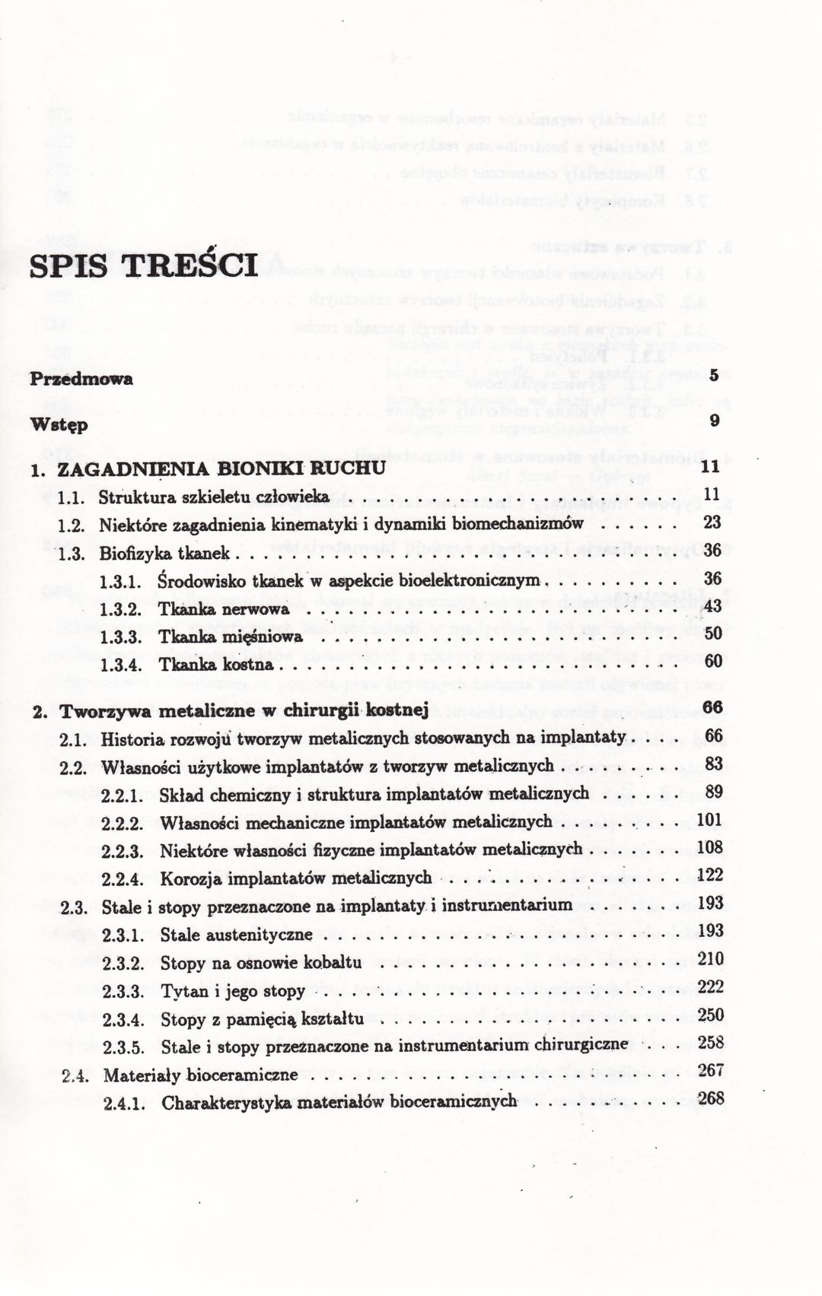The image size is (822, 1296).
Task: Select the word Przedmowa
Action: tap(81, 379)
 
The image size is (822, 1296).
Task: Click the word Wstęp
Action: tap(59, 424)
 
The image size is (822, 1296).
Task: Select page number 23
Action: tap(712, 523)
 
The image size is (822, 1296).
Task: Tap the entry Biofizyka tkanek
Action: tap(164, 554)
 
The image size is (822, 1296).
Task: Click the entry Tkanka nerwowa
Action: tap(225, 609)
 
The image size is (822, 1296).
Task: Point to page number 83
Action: tap(712, 765)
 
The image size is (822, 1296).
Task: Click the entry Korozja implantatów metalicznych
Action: tap(296, 878)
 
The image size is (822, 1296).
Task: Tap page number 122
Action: tap(709, 875)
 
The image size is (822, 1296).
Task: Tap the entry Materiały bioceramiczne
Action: tap(200, 1075)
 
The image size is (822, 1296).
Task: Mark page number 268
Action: tap(710, 1099)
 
